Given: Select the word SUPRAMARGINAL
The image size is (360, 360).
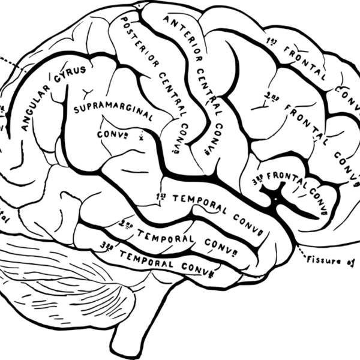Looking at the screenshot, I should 113,112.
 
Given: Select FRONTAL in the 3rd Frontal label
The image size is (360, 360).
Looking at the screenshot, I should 287,177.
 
